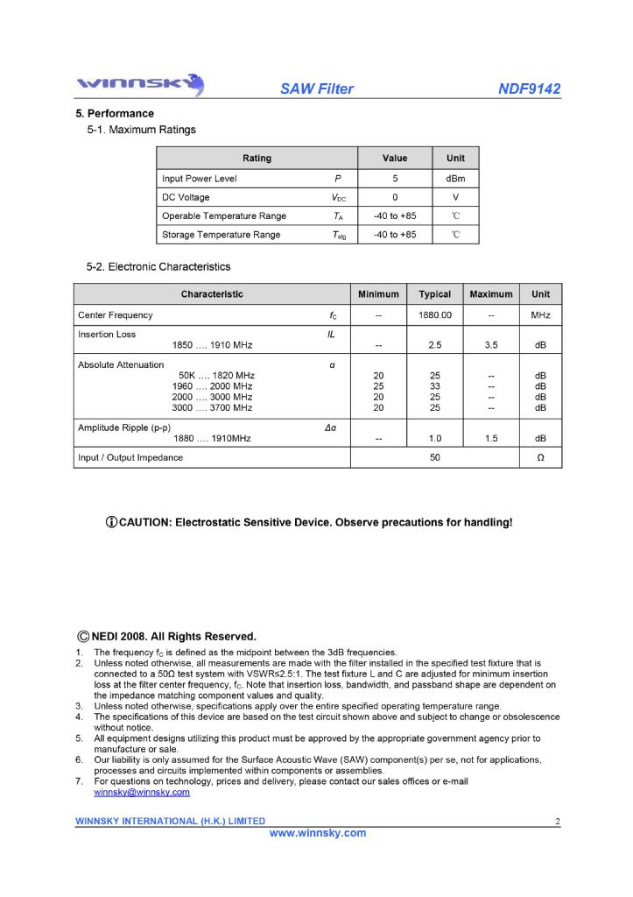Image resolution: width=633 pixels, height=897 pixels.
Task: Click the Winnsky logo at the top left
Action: point(140,86)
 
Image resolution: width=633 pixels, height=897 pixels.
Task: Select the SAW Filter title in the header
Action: point(317,89)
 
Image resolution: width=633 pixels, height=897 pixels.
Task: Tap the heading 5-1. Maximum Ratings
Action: point(141,130)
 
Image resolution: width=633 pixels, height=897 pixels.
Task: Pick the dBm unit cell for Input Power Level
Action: point(455,179)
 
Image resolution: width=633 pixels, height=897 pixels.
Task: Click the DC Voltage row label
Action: point(186,197)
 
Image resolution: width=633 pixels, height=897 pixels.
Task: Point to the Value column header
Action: point(395,159)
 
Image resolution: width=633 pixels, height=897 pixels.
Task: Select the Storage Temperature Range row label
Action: point(221,235)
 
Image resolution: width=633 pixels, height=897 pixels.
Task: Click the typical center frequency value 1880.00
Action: point(434,315)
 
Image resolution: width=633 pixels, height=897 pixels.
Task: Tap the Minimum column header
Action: point(378,294)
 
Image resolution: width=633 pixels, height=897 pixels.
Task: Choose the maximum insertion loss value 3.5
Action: point(491,345)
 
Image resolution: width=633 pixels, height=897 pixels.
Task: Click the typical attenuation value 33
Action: point(434,386)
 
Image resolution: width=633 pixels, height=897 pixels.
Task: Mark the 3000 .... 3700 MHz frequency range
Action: point(212,407)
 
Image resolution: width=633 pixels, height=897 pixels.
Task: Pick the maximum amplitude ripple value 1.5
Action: point(491,438)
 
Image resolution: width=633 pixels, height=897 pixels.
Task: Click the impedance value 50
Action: point(434,458)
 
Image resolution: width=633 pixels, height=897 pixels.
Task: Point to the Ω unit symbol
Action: point(540,458)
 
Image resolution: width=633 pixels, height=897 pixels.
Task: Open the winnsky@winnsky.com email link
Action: point(141,792)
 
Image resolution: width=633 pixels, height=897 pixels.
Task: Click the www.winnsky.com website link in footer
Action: point(317,833)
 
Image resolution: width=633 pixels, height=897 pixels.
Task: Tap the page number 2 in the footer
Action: point(557,821)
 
